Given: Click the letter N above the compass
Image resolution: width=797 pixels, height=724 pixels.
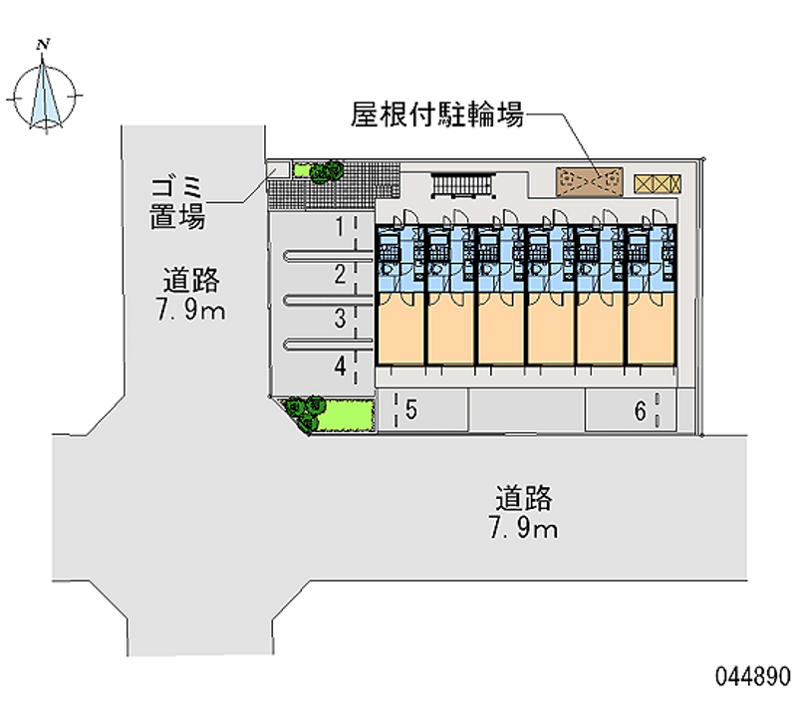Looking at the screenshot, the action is pos(44,44).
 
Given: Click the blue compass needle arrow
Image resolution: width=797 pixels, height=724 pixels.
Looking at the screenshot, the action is pos(44,93).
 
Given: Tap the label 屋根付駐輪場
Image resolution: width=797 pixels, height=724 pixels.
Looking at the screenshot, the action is pos(437,115).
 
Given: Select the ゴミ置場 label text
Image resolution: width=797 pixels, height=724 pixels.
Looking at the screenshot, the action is pos(177,203).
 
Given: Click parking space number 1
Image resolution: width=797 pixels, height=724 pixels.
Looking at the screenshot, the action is pos(340,226).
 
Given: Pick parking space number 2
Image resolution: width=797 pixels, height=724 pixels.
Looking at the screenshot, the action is pos(340,274).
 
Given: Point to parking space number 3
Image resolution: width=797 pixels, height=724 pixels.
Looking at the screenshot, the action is pos(340,318).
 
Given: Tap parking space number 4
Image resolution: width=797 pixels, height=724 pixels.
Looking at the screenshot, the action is pos(340,365).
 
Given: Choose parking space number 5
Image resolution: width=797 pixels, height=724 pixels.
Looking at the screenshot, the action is pos(411,410).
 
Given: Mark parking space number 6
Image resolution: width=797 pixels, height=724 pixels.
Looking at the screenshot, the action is pos(641,411).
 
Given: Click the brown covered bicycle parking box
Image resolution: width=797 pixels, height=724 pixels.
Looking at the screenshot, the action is pos(590,181).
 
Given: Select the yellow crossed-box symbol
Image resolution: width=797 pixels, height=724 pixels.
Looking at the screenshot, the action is pos(658,184).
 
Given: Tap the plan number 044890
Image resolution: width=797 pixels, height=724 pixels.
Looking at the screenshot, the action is pos(753,677).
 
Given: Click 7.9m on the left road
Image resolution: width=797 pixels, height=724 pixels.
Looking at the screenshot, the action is pos(191,310).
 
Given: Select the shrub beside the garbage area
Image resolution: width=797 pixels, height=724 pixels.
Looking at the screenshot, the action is pos(327,171).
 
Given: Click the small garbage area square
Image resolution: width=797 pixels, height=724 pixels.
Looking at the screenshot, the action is pos(279,168).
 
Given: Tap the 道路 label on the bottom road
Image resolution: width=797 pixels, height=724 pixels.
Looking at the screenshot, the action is pos(524,498).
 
